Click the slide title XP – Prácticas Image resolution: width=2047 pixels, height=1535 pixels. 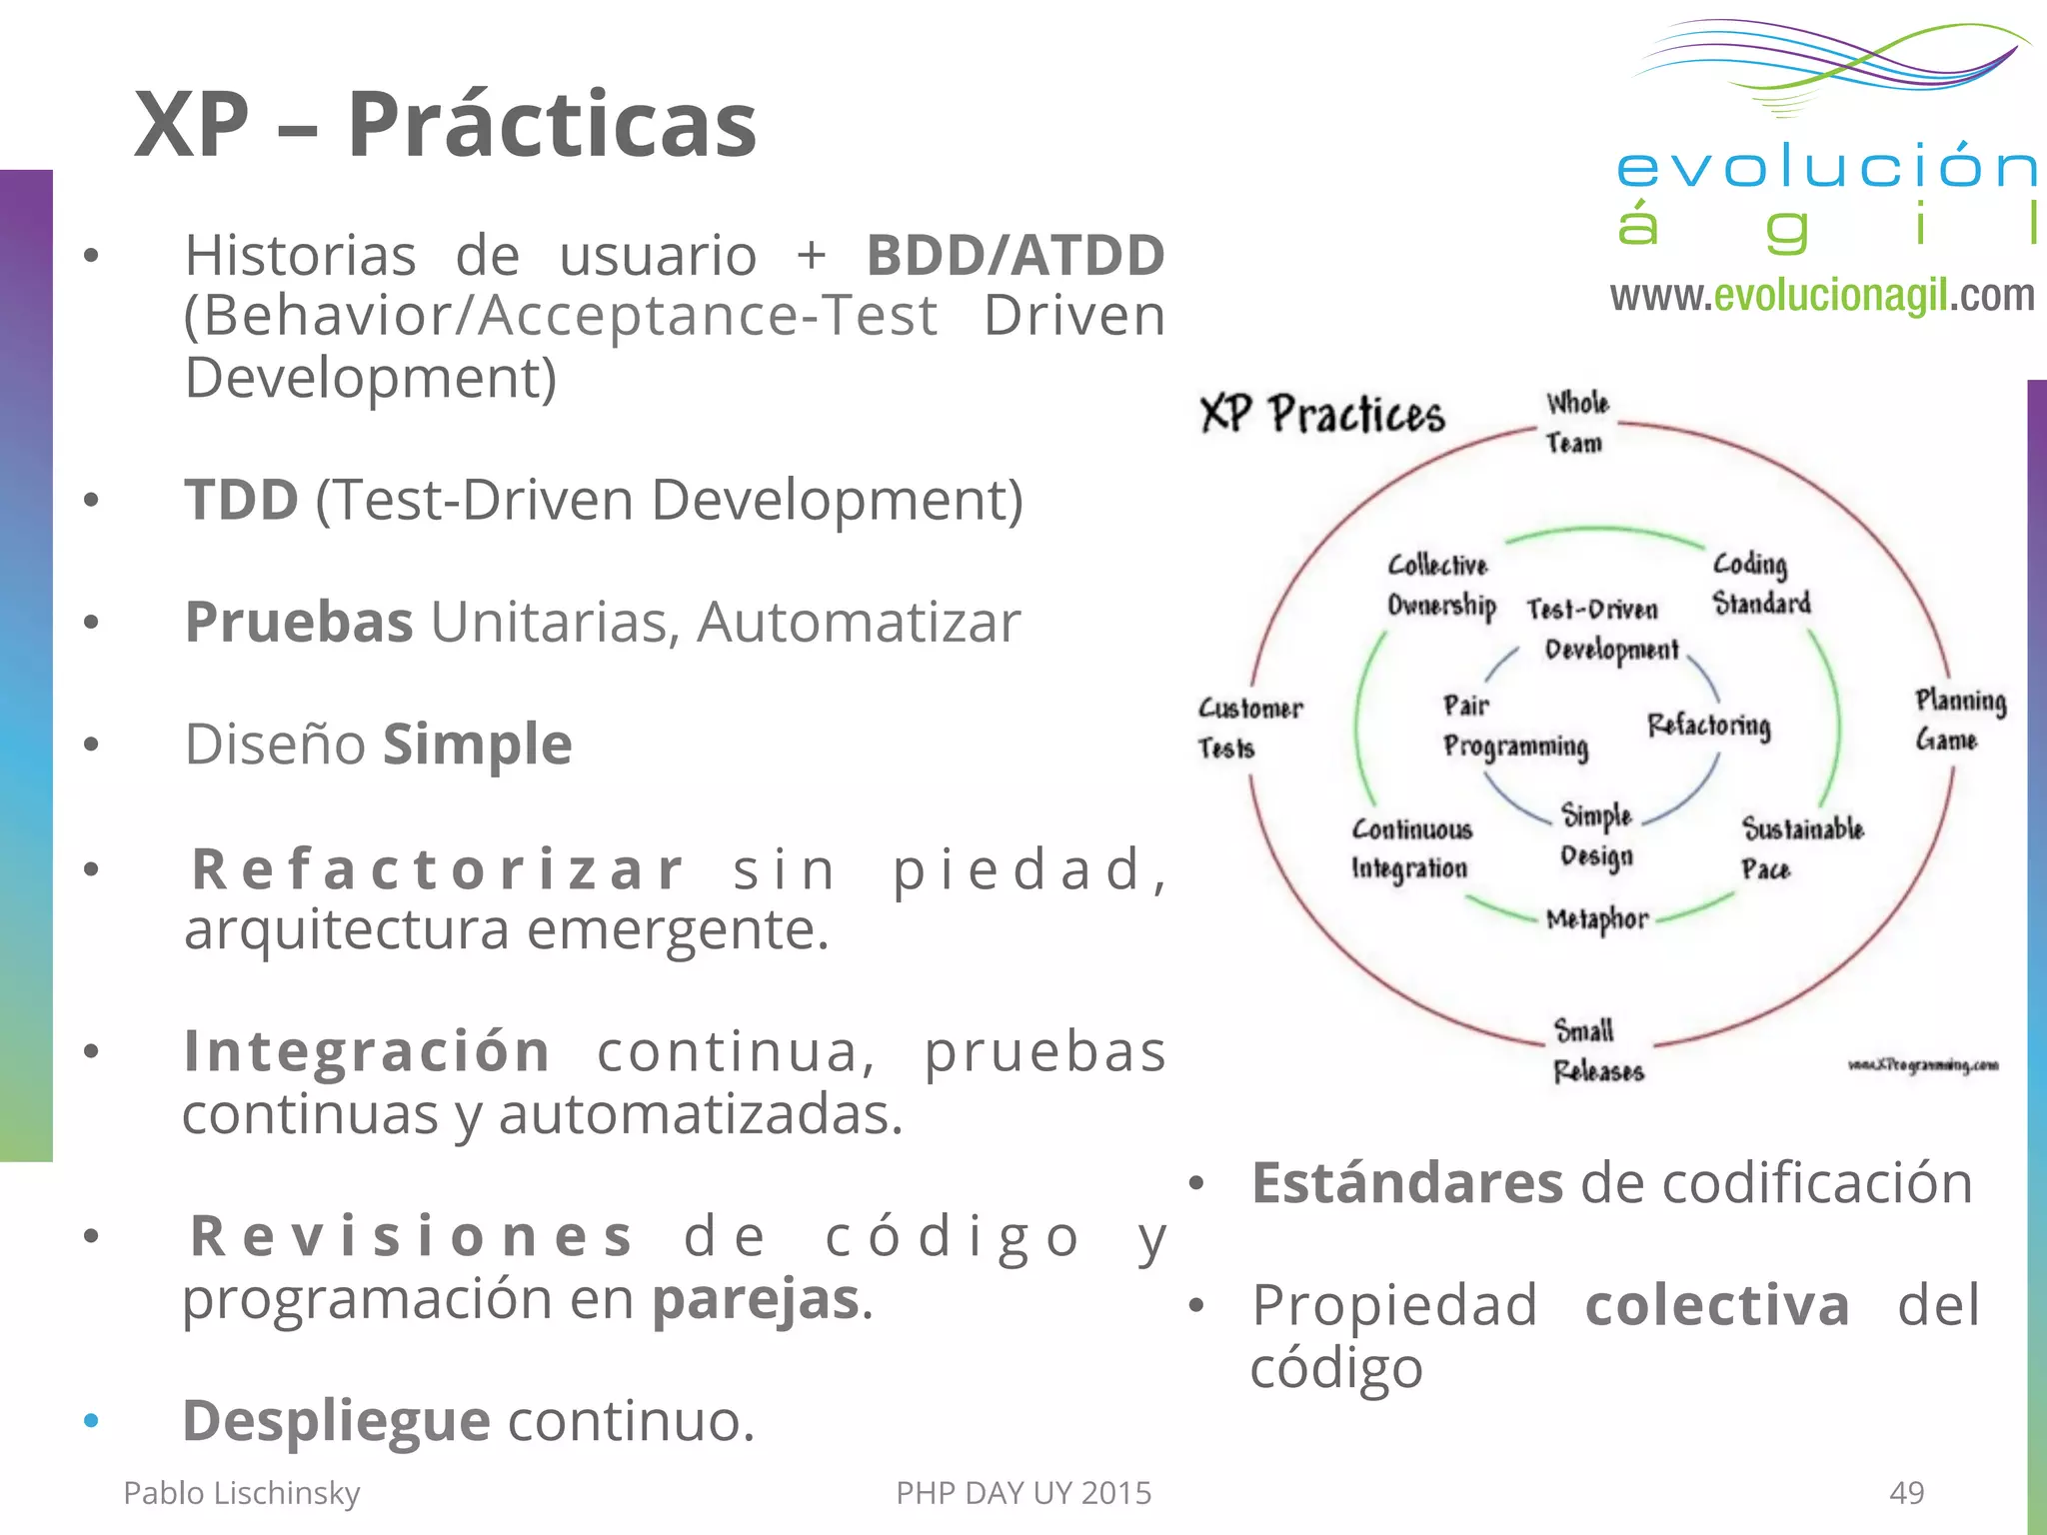pos(445,125)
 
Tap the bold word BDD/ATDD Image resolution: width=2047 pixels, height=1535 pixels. pos(1015,255)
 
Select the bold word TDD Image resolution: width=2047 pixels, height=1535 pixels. pos(241,500)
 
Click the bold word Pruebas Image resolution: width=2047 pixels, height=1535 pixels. pos(299,623)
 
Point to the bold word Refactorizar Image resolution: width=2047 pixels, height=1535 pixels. pos(438,868)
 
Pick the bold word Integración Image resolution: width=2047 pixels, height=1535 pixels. pos(367,1051)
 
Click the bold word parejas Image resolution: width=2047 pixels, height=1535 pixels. pos(756,1299)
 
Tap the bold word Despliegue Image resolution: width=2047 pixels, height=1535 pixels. pos(336,1420)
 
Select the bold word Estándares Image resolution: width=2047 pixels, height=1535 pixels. pos(1406,1183)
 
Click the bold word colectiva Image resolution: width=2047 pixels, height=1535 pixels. pos(1716,1305)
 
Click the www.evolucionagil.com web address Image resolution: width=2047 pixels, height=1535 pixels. pos(1821,296)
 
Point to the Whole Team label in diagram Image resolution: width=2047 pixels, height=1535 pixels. pos(1576,423)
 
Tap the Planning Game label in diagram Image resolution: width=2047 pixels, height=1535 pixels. pos(1958,720)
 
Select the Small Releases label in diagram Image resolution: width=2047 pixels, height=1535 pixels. pos(1596,1050)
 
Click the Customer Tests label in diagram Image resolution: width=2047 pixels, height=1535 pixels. pos(1248,728)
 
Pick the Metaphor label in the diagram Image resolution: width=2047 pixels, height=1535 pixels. pos(1596,919)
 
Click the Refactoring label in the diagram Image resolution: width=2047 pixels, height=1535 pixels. pos(1708,725)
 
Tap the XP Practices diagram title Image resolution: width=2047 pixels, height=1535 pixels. pos(1321,414)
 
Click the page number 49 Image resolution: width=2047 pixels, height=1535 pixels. pos(1906,1492)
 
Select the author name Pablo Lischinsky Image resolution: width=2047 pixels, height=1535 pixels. pos(241,1492)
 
